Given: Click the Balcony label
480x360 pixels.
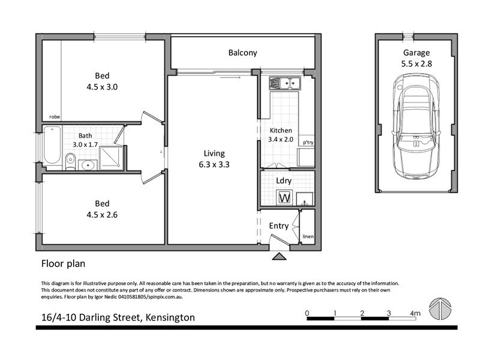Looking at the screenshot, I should click(x=242, y=53).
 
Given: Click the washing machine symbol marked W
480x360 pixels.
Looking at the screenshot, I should click(x=284, y=197).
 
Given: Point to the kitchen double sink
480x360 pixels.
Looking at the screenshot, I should click(x=284, y=83).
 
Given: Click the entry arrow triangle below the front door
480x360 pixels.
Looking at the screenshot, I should click(x=279, y=257).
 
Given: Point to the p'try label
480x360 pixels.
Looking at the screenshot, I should click(x=308, y=143).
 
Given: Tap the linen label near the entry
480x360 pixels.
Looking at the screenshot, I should click(x=308, y=236).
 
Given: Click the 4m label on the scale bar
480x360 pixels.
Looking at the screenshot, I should click(x=415, y=313).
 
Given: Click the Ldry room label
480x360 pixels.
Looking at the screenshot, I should click(x=284, y=180).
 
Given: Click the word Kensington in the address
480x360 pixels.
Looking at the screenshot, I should click(x=167, y=317).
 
